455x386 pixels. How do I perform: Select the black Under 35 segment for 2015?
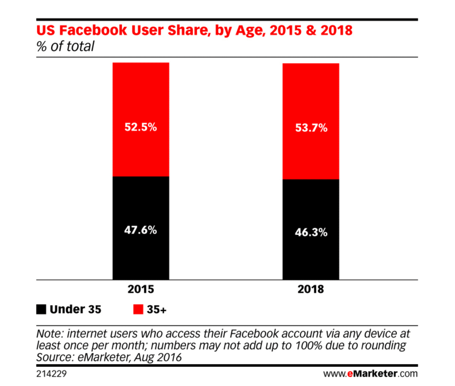(140, 253)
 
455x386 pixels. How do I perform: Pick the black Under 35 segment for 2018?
(311, 256)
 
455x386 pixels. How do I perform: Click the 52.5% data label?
(140, 127)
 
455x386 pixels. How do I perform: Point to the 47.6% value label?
(140, 231)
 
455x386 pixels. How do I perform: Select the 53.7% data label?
(311, 128)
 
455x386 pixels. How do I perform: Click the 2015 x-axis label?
(140, 289)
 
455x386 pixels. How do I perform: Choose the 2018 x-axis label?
(311, 289)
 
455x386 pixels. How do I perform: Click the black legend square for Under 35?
(41, 310)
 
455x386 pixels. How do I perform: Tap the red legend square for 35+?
(138, 310)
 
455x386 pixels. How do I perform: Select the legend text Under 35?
(76, 310)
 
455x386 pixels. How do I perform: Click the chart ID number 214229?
(52, 374)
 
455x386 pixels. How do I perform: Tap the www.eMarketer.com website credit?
(370, 374)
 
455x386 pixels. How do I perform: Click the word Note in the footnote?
(48, 333)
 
